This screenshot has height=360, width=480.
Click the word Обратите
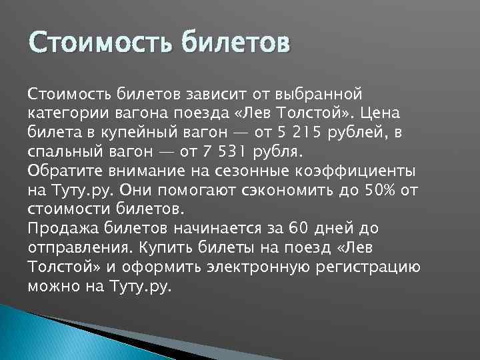[x=64, y=170]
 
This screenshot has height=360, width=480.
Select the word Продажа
[x=64, y=229]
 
